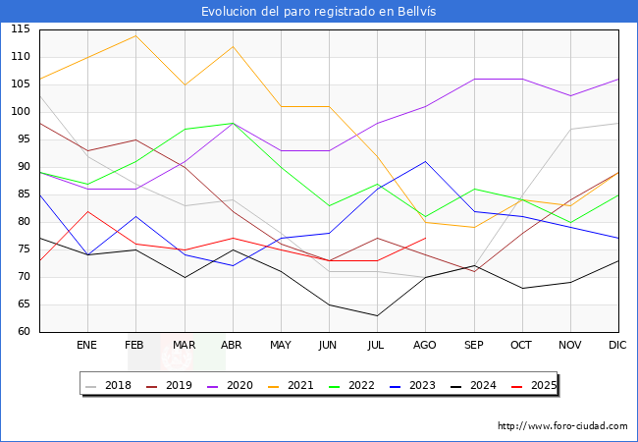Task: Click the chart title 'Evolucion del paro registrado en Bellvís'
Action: (318, 11)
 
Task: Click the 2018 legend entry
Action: (108, 385)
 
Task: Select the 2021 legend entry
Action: (291, 385)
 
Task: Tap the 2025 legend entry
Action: (534, 385)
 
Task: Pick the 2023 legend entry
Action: (412, 385)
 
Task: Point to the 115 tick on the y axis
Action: (21, 28)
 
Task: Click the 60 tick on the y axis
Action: (24, 331)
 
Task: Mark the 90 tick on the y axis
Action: (24, 166)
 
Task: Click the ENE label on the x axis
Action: (86, 345)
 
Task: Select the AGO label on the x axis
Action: (425, 345)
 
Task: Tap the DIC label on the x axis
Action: (617, 345)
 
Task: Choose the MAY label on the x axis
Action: (281, 345)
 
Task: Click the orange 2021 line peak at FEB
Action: (135, 35)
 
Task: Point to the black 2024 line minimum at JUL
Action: (377, 315)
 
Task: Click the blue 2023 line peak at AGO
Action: (426, 162)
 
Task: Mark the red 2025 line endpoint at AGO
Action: (426, 238)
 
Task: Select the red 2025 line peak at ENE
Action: (88, 211)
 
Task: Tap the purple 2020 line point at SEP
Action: (474, 79)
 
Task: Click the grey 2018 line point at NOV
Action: (571, 129)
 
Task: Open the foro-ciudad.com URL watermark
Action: (562, 425)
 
